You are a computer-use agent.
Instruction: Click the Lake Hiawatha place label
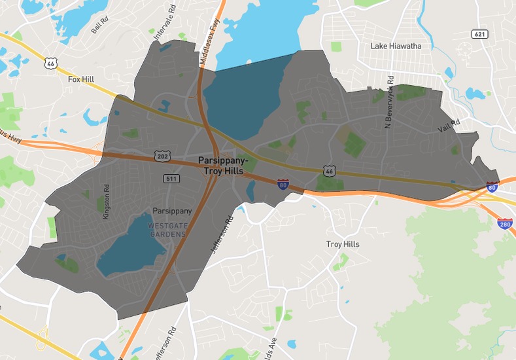[396, 46]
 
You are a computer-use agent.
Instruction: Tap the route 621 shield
[480, 34]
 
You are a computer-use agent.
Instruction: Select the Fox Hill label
[81, 79]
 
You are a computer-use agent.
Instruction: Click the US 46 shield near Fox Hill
[50, 63]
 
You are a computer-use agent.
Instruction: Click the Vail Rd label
[449, 126]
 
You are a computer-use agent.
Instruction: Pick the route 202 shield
[163, 156]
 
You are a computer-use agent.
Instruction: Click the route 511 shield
[171, 178]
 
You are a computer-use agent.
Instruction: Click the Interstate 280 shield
[505, 224]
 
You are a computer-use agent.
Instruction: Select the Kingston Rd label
[107, 201]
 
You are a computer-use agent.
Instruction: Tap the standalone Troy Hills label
[343, 244]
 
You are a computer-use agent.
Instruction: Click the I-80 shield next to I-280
[492, 187]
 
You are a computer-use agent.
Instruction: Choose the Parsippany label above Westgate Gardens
[171, 211]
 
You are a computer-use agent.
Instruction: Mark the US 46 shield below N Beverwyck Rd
[328, 170]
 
